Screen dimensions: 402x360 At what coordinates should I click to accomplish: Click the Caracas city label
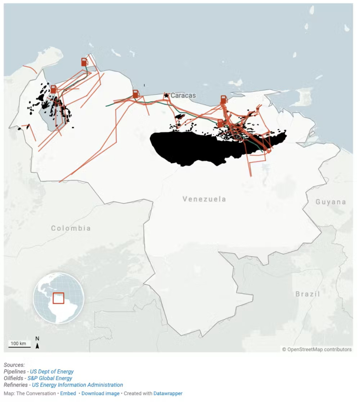pyautogui.click(x=183, y=95)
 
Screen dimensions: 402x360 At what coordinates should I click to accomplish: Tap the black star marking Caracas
pyautogui.click(x=166, y=95)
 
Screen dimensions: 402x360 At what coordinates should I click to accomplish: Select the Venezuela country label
pyautogui.click(x=204, y=199)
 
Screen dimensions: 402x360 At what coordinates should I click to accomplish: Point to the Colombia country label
pyautogui.click(x=71, y=228)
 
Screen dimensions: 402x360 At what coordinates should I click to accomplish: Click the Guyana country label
pyautogui.click(x=331, y=202)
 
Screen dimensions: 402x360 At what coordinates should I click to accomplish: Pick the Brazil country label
pyautogui.click(x=307, y=294)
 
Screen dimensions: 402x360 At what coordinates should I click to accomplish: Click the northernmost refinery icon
pyautogui.click(x=84, y=62)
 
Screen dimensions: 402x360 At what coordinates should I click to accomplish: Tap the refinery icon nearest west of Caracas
pyautogui.click(x=135, y=94)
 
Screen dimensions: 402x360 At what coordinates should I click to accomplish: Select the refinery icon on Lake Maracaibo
pyautogui.click(x=54, y=89)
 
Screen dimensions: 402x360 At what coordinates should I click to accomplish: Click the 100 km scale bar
pyautogui.click(x=19, y=345)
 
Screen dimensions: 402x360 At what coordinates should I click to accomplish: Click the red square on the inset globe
pyautogui.click(x=58, y=298)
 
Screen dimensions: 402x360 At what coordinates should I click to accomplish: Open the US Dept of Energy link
pyautogui.click(x=52, y=372)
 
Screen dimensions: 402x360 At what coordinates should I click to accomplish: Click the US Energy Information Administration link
pyautogui.click(x=77, y=385)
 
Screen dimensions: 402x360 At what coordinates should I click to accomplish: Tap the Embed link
pyautogui.click(x=68, y=393)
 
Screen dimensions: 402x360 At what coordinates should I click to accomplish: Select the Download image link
pyautogui.click(x=100, y=393)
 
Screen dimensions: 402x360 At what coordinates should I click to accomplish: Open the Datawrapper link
pyautogui.click(x=168, y=393)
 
